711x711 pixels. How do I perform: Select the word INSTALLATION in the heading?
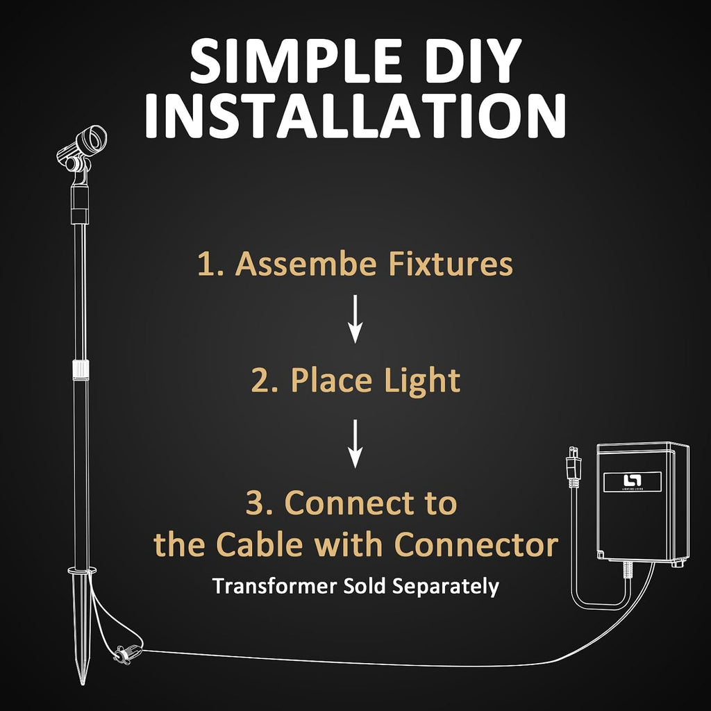tap(355, 116)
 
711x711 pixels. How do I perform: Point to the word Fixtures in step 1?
tap(451, 263)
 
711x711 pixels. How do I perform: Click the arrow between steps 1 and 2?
tap(355, 319)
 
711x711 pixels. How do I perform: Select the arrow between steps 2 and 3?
tap(355, 444)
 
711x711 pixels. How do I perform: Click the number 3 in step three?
tap(254, 503)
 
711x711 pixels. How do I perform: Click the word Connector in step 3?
tap(476, 544)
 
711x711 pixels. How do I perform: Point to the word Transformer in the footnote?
tap(275, 586)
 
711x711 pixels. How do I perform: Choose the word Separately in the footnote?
tap(446, 587)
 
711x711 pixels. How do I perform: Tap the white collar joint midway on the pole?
tap(81, 370)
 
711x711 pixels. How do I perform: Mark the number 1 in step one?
tap(205, 265)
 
